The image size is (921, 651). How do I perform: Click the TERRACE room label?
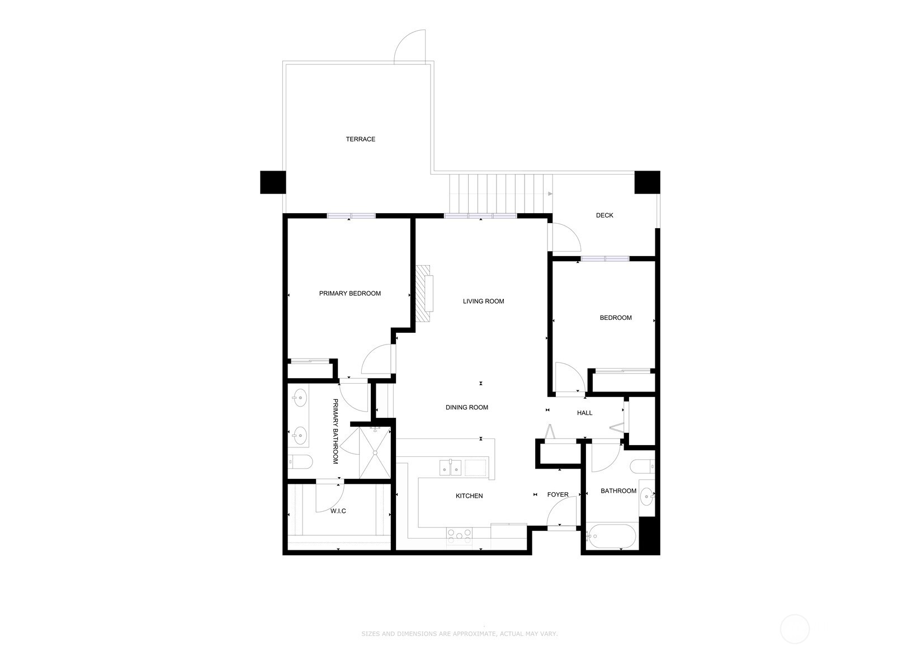pyautogui.click(x=360, y=139)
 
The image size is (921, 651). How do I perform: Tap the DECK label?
pyautogui.click(x=604, y=215)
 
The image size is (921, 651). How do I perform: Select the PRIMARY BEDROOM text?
pyautogui.click(x=350, y=293)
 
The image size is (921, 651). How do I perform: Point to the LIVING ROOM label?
pyautogui.click(x=484, y=301)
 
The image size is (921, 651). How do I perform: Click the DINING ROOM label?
pyautogui.click(x=467, y=407)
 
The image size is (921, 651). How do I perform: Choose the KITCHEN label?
pyautogui.click(x=469, y=496)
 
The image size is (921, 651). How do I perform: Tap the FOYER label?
pyautogui.click(x=558, y=494)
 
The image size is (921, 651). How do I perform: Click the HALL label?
pyautogui.click(x=585, y=413)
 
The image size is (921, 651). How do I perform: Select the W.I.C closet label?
pyautogui.click(x=338, y=511)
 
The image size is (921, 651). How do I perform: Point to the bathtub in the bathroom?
pyautogui.click(x=611, y=536)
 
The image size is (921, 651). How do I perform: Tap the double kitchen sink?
pyautogui.click(x=450, y=468)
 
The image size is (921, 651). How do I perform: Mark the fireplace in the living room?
pyautogui.click(x=424, y=293)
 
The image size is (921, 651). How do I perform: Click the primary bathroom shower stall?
pyautogui.click(x=375, y=453)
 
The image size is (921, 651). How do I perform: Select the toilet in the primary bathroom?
pyautogui.click(x=300, y=462)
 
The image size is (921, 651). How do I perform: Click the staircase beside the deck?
pyautogui.click(x=500, y=194)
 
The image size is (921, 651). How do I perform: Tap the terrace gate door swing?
pyautogui.click(x=409, y=46)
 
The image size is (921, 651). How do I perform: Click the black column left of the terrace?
pyautogui.click(x=273, y=182)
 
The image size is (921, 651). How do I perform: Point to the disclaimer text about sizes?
pyautogui.click(x=459, y=634)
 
